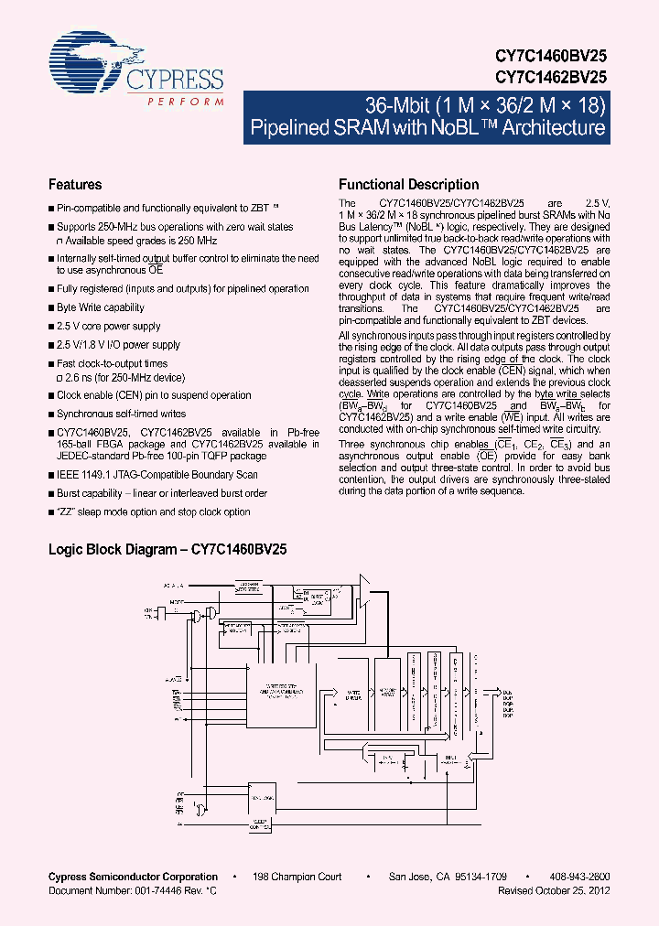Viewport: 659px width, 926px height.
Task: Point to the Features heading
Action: pyautogui.click(x=75, y=184)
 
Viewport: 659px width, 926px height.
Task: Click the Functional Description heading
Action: pyautogui.click(x=408, y=184)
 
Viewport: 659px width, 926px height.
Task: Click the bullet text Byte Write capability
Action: pyautogui.click(x=101, y=307)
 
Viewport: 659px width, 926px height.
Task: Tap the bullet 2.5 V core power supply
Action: pyautogui.click(x=108, y=326)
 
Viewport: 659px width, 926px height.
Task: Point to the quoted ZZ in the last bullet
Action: pyautogui.click(x=65, y=512)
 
